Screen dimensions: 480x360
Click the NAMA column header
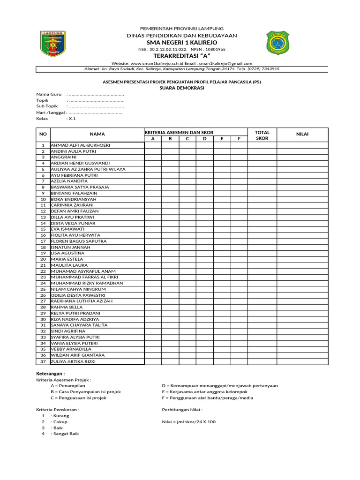pos(97,134)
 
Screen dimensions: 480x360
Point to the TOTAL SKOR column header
pos(262,135)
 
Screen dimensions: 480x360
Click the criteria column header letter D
pos(204,139)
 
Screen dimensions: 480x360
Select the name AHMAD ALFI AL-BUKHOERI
pos(80,145)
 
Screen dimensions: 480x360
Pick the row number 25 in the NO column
pos(43,289)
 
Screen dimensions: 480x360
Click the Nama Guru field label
pos(49,94)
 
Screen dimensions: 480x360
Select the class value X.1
pos(72,119)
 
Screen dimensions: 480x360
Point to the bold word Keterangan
pos(51,373)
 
